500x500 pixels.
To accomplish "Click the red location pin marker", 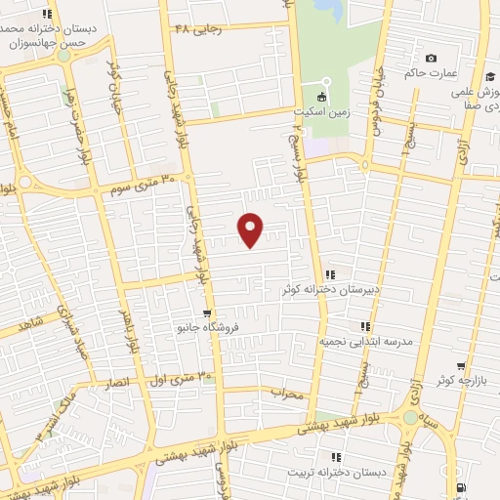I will pos(251,229).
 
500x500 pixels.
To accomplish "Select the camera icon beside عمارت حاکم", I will pos(432,58).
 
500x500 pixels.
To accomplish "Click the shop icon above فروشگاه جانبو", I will pos(206,313).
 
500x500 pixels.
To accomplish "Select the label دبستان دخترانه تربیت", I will pos(336,473).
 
